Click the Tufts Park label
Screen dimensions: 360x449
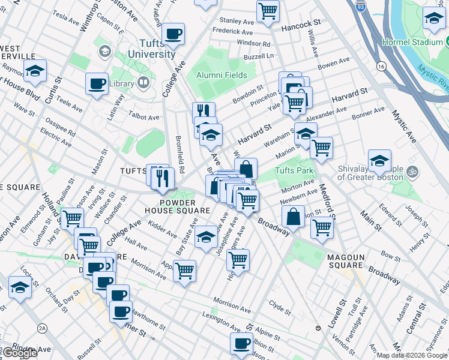[x=295, y=171]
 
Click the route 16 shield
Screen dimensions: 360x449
[x=381, y=66]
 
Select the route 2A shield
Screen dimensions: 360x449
[x=42, y=328]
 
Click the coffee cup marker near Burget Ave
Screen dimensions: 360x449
[x=174, y=34]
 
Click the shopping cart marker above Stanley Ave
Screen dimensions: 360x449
[x=268, y=9]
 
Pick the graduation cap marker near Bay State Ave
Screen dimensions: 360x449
[x=206, y=236]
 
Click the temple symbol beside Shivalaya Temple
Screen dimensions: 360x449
[x=411, y=171]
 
